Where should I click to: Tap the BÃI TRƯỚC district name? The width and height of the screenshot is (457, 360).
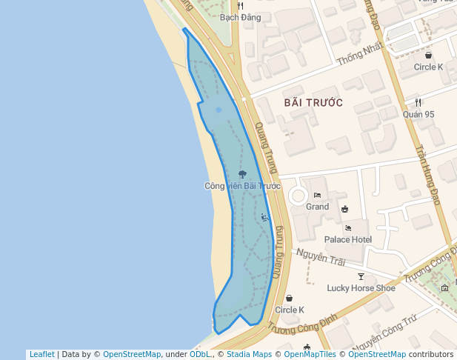point(313,102)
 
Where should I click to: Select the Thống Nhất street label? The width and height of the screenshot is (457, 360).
point(359,52)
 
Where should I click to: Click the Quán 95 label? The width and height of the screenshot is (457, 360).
point(418,114)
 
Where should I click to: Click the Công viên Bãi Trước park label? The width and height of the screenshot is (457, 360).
point(242,186)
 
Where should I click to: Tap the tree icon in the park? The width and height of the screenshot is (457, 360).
point(242,175)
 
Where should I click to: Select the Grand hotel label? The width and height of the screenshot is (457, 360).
point(317,207)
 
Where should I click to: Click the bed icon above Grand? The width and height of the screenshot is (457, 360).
point(317,196)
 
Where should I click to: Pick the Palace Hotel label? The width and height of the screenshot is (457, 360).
point(348,240)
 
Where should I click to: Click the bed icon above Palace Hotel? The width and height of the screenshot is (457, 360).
point(348,228)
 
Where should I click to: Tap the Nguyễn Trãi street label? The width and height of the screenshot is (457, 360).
point(321,259)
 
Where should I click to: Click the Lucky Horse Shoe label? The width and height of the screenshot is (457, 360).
point(361,287)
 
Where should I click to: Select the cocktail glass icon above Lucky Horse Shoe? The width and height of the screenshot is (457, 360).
point(361,276)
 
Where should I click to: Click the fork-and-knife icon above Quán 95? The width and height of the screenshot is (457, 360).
point(418,103)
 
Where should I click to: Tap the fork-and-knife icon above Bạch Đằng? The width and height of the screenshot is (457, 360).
point(240,5)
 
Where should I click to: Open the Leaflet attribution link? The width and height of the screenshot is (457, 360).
point(41,354)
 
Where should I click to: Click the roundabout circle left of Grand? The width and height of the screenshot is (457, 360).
point(298,196)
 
